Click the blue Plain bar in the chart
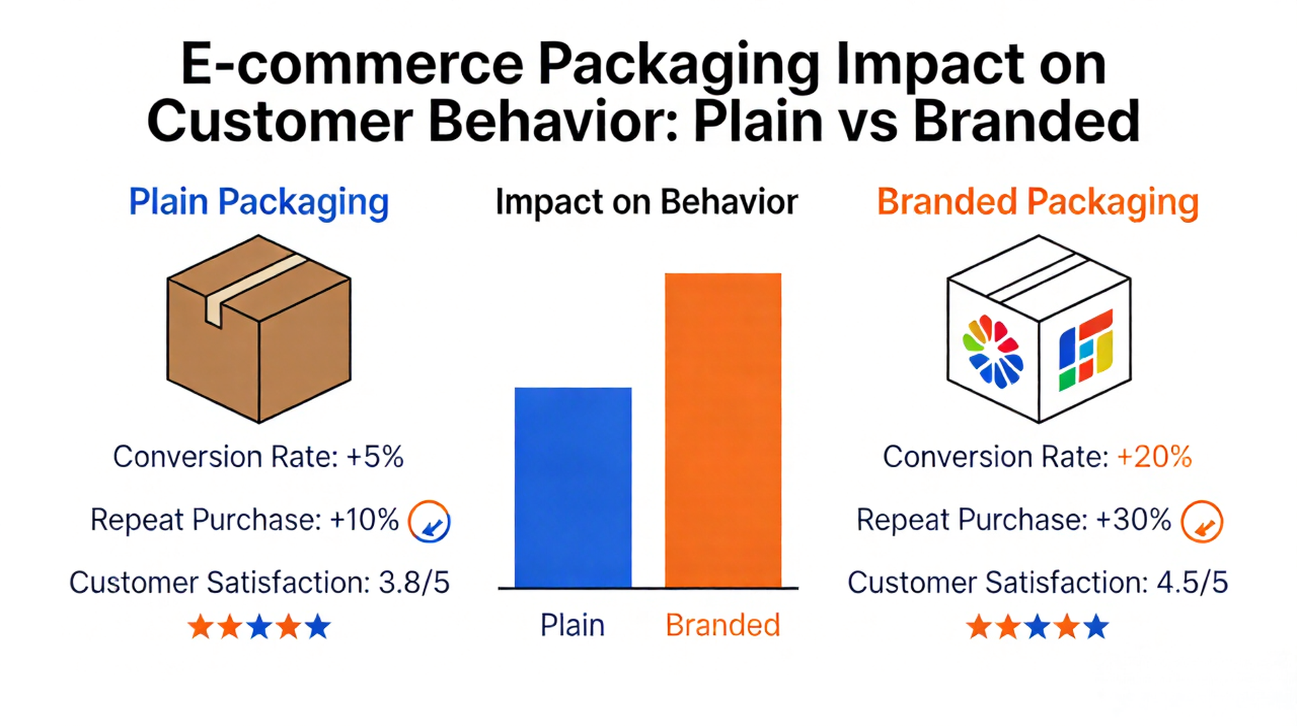573,487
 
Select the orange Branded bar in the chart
722,430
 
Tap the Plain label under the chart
572,626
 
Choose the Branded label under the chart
722,626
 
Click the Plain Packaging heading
259,202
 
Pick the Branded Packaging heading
1037,202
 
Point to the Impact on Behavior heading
647,202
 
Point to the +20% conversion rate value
1154,457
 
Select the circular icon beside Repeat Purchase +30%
1202,521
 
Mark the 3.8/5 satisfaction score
414,582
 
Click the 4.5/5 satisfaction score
1192,582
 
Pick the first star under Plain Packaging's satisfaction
200,627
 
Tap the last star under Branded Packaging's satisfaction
1095,627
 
